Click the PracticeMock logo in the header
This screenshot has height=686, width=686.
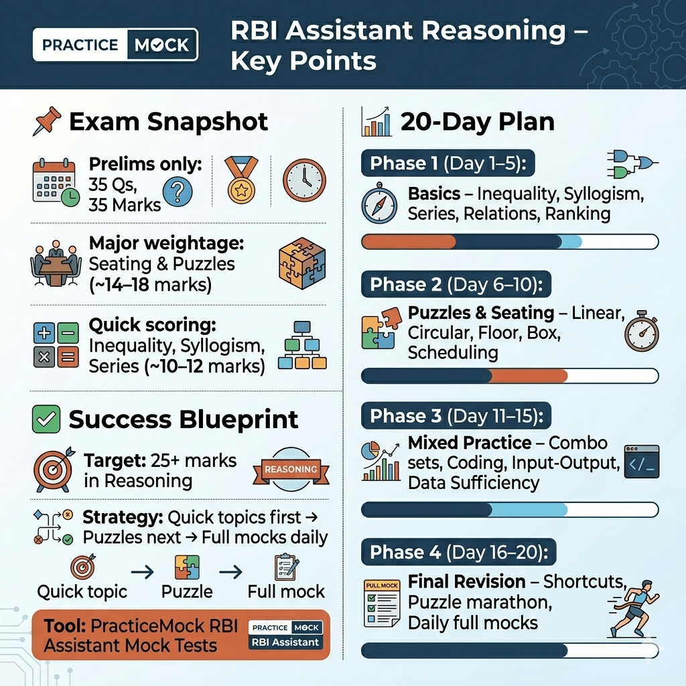click(x=115, y=45)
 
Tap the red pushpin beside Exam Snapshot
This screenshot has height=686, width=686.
click(x=48, y=122)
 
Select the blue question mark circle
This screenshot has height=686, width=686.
click(x=177, y=192)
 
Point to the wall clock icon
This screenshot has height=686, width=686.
click(x=303, y=180)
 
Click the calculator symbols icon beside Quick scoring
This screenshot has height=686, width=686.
click(x=56, y=344)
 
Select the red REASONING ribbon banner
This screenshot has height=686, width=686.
click(x=290, y=469)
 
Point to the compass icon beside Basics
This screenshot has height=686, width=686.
click(x=379, y=204)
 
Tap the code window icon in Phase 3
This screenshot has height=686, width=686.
click(x=640, y=461)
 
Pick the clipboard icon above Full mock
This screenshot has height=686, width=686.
click(x=286, y=567)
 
